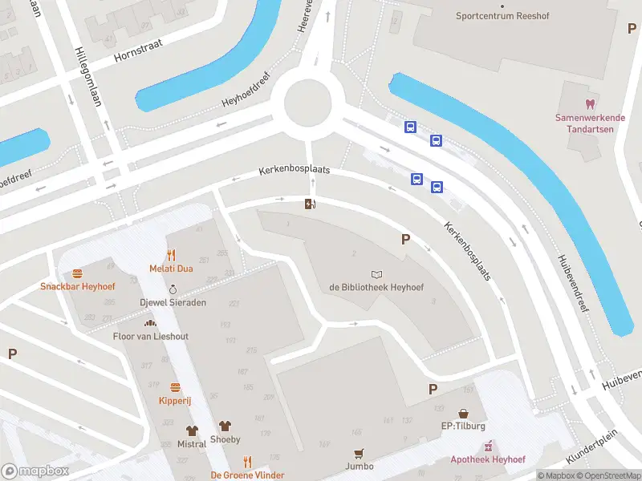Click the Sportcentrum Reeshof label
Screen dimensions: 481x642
point(495,15)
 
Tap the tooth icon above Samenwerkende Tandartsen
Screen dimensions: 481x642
point(590,103)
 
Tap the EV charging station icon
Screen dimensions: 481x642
point(309,204)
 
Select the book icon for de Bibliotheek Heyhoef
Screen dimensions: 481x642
point(376,274)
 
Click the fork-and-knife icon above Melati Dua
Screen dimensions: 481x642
point(171,256)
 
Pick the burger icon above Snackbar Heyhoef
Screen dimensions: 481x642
point(78,273)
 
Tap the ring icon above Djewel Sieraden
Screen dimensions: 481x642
point(173,289)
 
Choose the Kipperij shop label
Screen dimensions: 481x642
point(174,399)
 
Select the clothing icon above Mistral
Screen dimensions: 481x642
point(191,430)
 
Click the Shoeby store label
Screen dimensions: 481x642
point(225,439)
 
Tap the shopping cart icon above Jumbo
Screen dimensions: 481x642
point(360,453)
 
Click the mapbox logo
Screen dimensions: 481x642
point(35,471)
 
